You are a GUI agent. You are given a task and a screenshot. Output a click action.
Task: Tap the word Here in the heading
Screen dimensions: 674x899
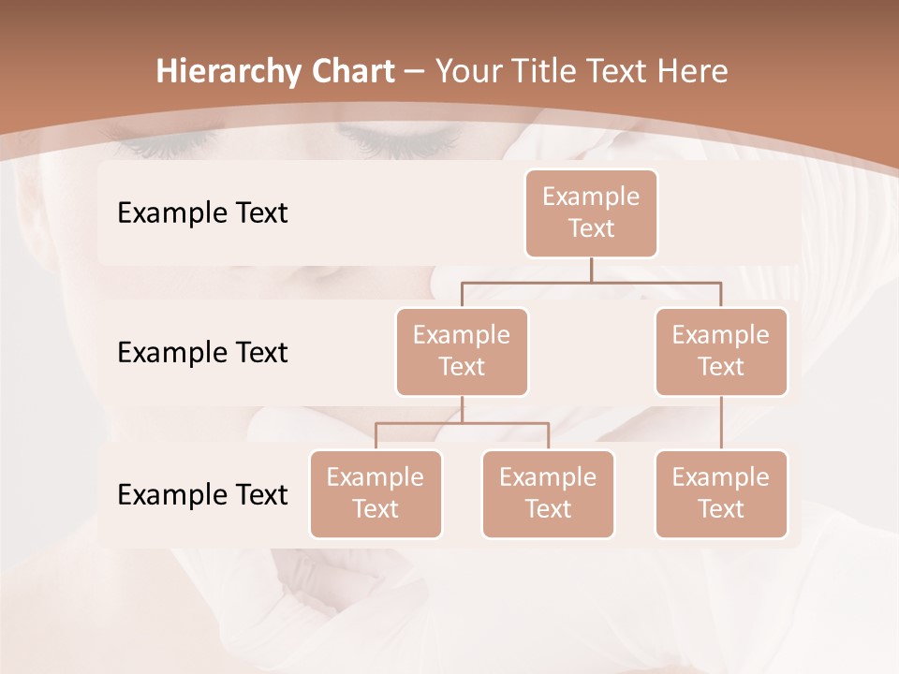(693, 71)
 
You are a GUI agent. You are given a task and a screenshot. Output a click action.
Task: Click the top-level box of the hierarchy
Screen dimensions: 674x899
(591, 213)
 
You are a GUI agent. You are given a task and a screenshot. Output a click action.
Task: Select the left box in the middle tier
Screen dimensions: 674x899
(462, 352)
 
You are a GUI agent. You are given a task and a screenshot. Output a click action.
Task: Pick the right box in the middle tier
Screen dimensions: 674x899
(721, 352)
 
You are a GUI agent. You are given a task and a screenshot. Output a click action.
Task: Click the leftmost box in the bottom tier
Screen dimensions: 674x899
(376, 494)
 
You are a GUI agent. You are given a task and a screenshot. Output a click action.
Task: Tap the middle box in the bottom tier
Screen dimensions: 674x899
(548, 494)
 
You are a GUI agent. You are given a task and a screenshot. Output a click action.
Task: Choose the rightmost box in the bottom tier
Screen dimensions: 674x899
(721, 494)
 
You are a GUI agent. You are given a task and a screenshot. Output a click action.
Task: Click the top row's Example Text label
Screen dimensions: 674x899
(202, 213)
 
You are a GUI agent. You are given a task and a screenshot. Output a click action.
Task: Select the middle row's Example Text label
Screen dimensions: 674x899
(202, 353)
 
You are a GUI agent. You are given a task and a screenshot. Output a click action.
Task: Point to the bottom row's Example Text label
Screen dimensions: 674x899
(202, 494)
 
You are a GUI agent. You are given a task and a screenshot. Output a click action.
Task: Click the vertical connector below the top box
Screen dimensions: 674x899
(591, 270)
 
